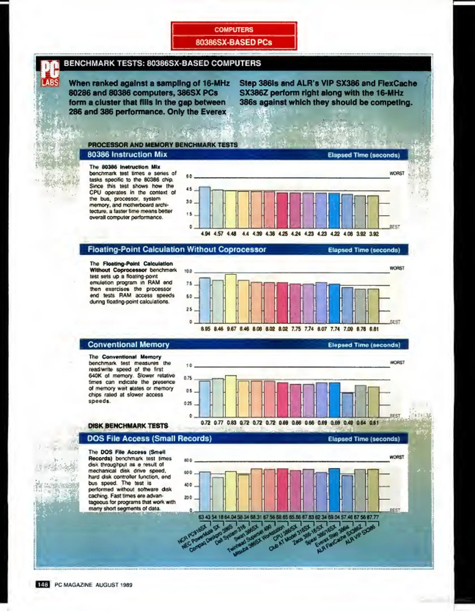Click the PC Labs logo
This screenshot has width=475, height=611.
point(50,73)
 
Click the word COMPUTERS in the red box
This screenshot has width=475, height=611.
point(234,30)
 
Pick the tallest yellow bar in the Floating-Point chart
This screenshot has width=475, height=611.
point(231,298)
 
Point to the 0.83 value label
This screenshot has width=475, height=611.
point(232,423)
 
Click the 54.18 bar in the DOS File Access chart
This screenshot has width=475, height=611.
point(218,494)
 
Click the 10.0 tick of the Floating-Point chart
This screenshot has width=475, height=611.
point(188,271)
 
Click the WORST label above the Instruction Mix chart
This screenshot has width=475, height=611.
point(397,173)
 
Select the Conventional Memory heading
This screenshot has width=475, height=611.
point(129,345)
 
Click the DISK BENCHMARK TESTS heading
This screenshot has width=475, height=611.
point(128,426)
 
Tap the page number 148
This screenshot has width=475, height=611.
point(42,585)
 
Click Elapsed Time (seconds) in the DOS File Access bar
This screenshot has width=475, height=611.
point(364,439)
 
